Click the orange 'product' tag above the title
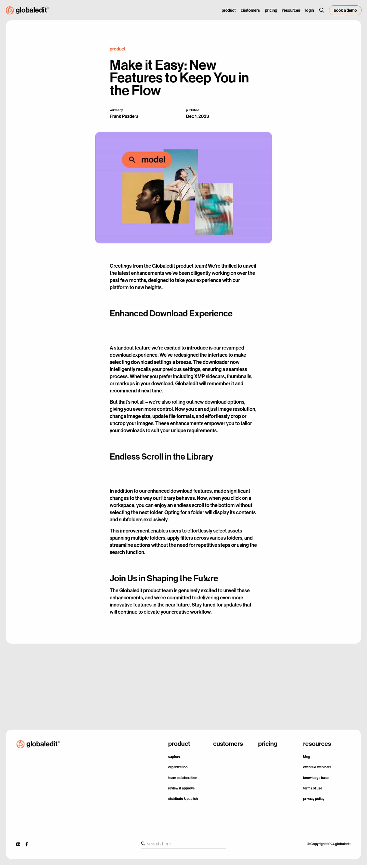117,49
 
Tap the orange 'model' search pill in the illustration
147,160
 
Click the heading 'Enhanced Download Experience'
171,314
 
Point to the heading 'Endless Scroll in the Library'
161,457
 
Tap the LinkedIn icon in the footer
18,844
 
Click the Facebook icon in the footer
27,844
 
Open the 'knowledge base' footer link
315,778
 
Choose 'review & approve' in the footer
181,788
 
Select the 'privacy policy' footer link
313,798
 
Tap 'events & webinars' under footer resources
317,767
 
